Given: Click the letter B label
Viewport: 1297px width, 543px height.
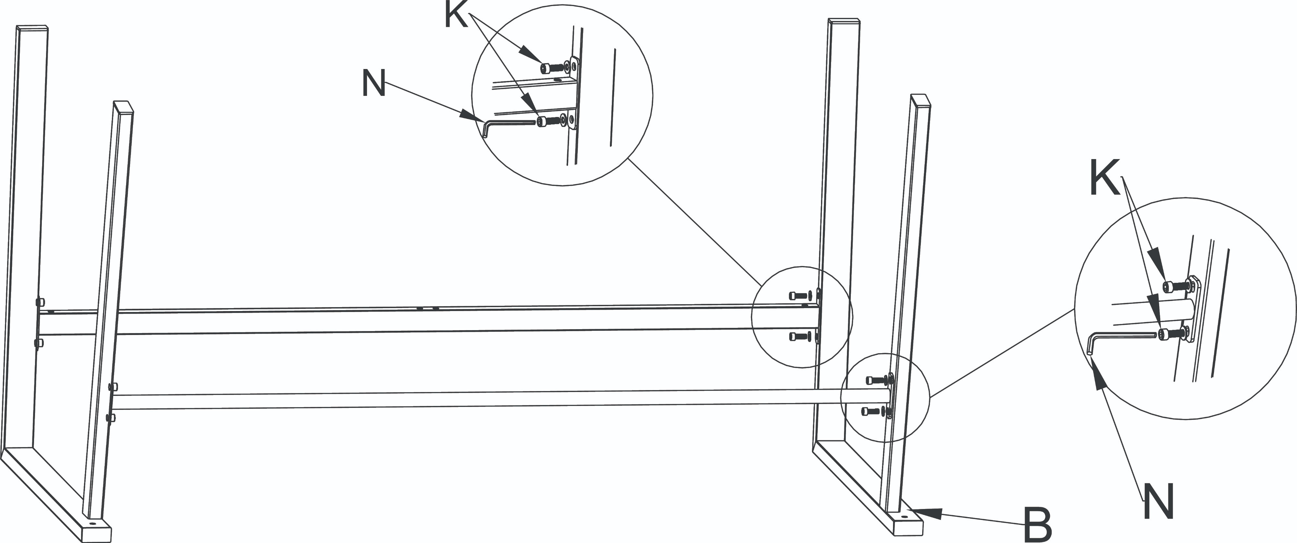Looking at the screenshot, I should (1038, 525).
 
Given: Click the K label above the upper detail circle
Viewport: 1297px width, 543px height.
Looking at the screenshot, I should (457, 15).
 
